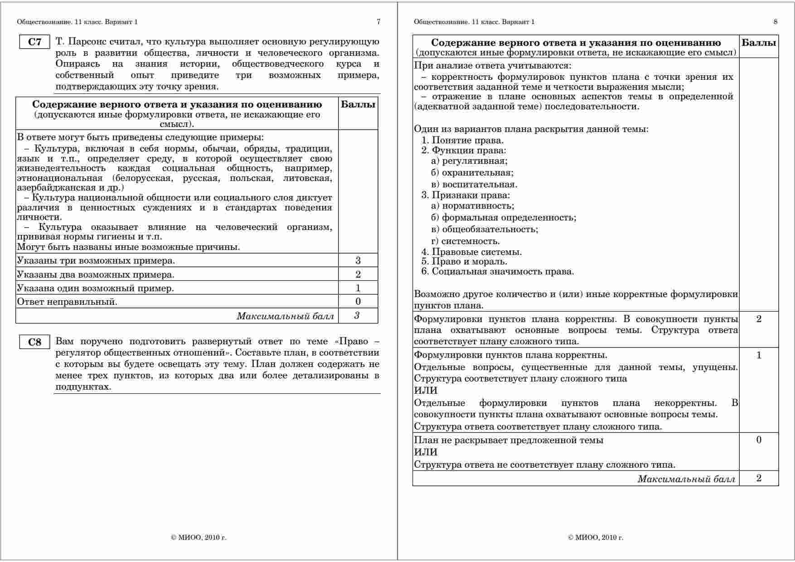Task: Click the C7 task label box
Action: [x=34, y=42]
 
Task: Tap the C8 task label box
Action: [x=34, y=342]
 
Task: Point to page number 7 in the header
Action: [x=378, y=22]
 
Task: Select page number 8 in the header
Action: [x=776, y=22]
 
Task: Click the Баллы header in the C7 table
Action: [x=358, y=105]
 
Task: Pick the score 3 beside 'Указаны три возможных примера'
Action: [x=358, y=260]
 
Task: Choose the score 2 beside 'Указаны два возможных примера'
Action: [x=358, y=274]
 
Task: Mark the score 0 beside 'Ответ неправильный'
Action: [x=358, y=301]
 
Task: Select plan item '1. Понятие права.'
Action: [x=462, y=140]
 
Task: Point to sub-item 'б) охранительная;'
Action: [x=472, y=173]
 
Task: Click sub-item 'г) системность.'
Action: [x=465, y=241]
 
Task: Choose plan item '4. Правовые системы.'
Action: [x=471, y=252]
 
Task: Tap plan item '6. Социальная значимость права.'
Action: [x=498, y=272]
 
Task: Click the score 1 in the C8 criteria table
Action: [x=759, y=355]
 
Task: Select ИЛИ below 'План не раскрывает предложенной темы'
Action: [x=426, y=452]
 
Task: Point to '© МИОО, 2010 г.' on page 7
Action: [x=199, y=538]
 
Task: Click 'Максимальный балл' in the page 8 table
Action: [x=686, y=479]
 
